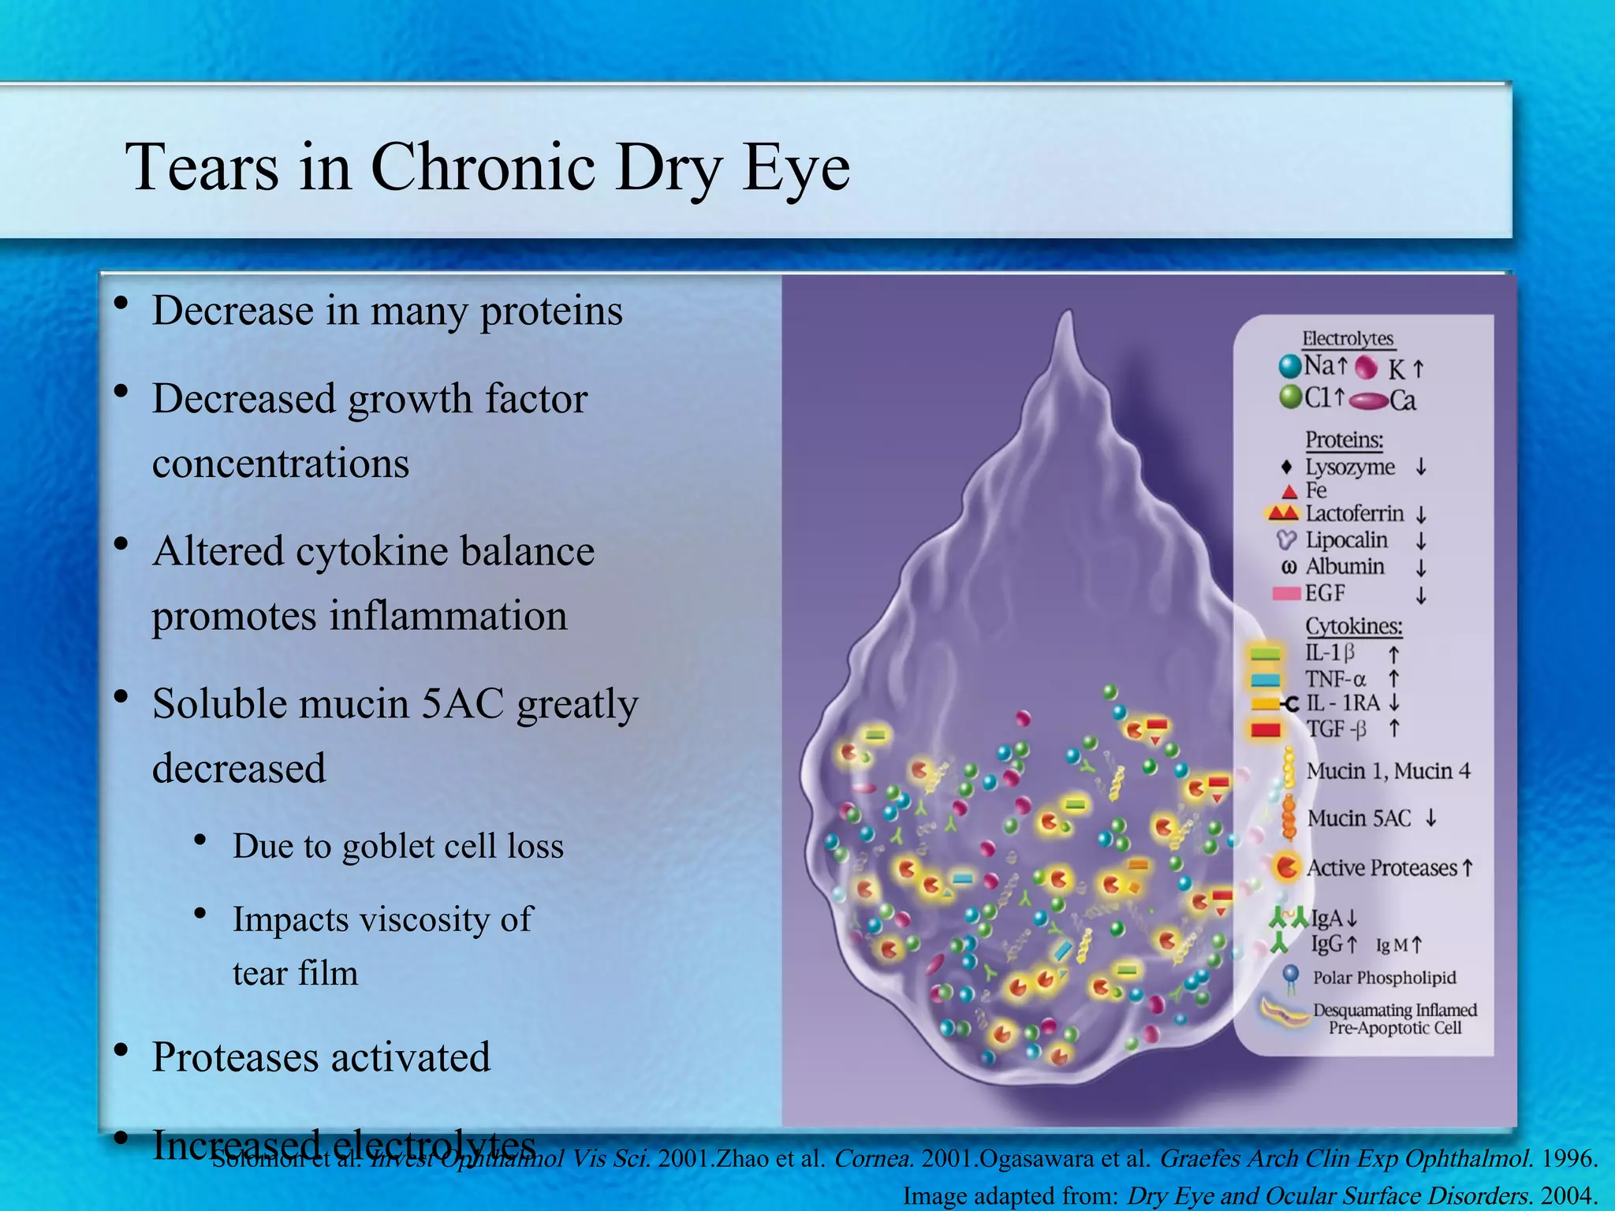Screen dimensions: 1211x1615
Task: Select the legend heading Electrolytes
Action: point(1348,339)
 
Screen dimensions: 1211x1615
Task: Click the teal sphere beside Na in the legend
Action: point(1290,366)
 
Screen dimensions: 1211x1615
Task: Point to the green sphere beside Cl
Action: point(1290,397)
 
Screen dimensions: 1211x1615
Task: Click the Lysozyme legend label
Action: point(1350,467)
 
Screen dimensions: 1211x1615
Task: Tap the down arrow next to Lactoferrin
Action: point(1421,515)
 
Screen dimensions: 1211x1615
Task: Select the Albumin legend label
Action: point(1345,566)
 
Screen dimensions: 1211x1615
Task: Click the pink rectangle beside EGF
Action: point(1286,593)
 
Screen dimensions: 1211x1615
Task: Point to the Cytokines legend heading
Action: point(1354,626)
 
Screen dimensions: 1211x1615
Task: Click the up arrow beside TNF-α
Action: point(1393,679)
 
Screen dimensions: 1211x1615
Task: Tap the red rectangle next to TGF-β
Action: point(1266,729)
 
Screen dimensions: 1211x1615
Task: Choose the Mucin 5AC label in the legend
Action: point(1359,818)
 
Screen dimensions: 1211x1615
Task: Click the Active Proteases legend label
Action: point(1382,868)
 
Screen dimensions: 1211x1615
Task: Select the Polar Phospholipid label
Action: point(1384,978)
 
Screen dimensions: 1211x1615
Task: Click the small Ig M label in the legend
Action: point(1392,945)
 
